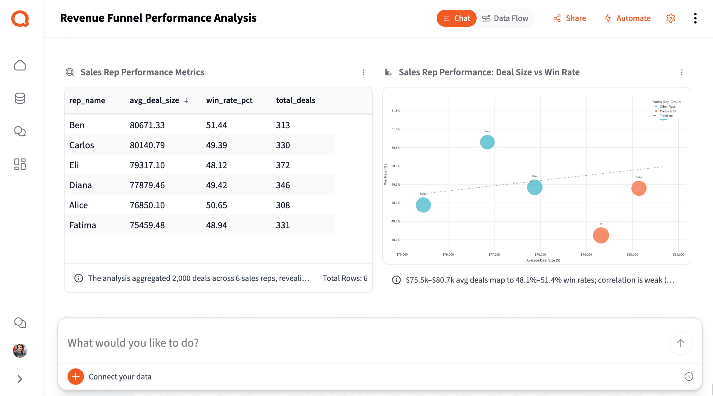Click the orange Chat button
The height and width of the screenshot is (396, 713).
pos(456,18)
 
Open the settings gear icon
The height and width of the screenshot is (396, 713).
pos(671,18)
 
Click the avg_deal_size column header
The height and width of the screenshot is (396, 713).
pos(154,100)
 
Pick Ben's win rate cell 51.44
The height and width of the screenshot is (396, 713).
pos(216,125)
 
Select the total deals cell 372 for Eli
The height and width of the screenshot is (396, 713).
pos(283,165)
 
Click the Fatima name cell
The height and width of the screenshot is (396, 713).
pos(83,225)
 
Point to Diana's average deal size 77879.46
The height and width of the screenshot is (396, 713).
pos(147,185)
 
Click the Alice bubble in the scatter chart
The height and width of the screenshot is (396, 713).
pos(487,142)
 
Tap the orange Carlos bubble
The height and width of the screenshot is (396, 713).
pos(639,188)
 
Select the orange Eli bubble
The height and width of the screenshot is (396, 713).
pos(601,235)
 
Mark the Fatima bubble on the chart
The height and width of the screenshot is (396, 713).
pos(423,205)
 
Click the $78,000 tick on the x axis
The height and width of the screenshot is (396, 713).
pos(540,254)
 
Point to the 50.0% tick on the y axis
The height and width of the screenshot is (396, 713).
pos(396,166)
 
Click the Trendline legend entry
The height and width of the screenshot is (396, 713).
pos(666,116)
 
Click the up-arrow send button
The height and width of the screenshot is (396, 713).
pos(680,343)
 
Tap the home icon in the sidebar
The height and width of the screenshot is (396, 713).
pos(20,65)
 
